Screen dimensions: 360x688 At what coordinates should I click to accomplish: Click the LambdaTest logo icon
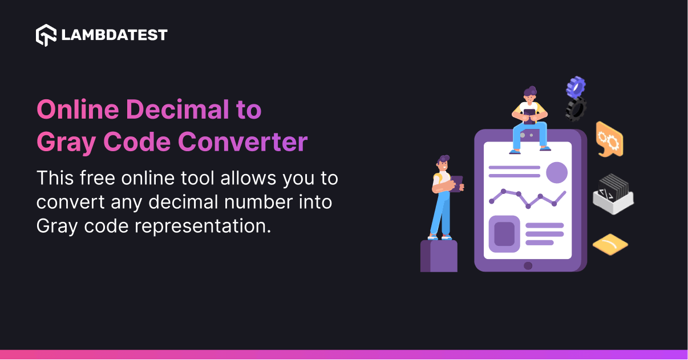46,35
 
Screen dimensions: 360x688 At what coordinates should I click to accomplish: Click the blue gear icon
576,87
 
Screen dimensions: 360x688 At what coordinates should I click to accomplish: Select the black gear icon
576,108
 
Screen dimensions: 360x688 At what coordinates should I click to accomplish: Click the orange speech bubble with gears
609,139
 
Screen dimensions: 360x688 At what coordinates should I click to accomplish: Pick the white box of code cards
613,195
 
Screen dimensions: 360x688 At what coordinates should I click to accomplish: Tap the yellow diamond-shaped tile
610,244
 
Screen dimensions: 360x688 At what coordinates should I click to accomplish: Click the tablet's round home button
528,265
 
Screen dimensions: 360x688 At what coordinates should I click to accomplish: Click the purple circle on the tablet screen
556,172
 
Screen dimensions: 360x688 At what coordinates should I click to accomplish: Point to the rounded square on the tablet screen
504,234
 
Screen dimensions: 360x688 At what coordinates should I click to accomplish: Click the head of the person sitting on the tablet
530,95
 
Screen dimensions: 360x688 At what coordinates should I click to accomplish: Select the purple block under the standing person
439,256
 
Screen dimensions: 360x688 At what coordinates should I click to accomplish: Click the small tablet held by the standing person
457,183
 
